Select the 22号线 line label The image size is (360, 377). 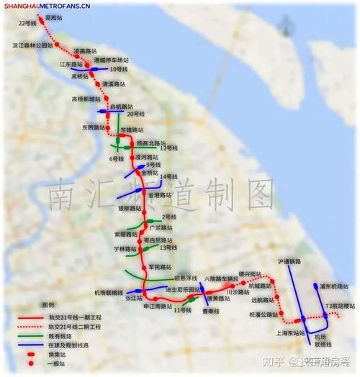click(27, 24)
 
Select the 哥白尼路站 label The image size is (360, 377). click(157, 240)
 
